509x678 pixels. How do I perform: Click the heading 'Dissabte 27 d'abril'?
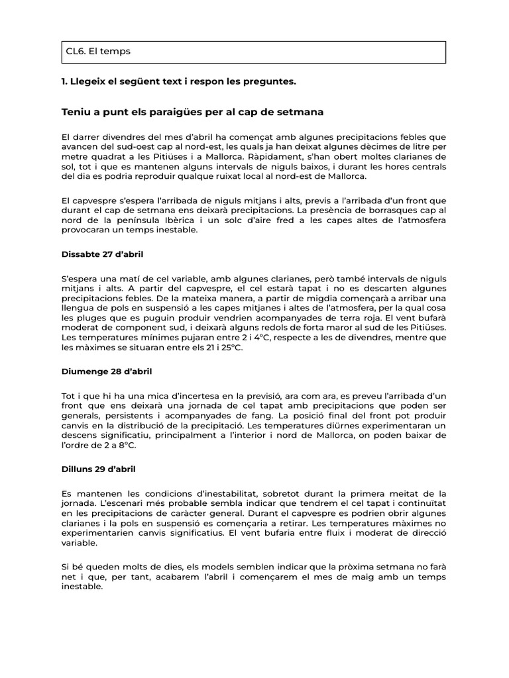[102, 254]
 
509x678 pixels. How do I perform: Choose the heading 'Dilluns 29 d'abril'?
[98, 469]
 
